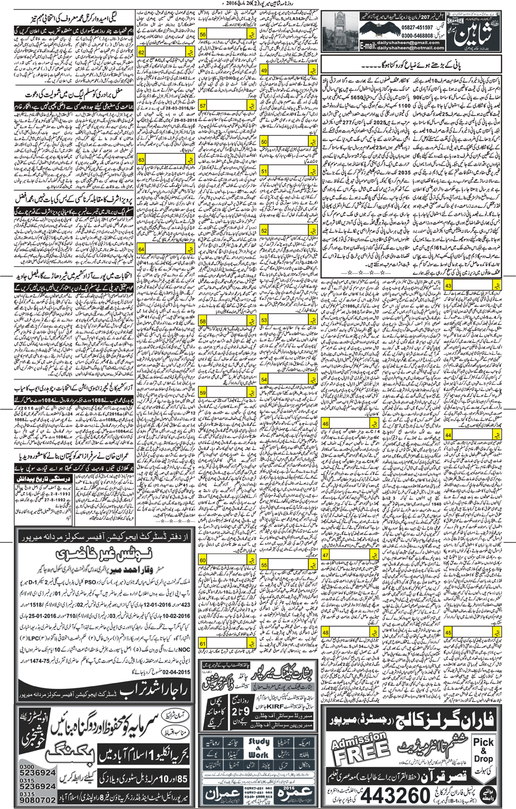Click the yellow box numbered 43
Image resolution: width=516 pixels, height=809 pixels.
[448, 286]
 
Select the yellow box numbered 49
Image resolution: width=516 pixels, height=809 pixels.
[264, 71]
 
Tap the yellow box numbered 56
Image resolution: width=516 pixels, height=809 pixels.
[203, 34]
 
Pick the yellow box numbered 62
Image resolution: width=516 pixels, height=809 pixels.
[142, 52]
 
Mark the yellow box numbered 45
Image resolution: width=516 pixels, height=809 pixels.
[448, 618]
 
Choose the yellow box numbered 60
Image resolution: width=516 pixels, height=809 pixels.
[203, 560]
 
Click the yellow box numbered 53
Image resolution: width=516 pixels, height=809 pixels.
[264, 320]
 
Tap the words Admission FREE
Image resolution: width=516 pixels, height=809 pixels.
[358, 749]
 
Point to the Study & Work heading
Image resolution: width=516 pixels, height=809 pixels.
[259, 749]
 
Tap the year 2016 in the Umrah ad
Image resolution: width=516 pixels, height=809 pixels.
[289, 788]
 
